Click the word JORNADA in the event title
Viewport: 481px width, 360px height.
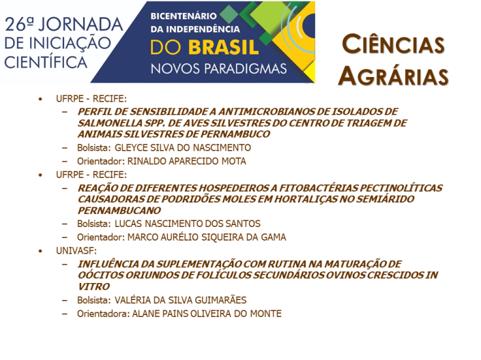coord(81,25)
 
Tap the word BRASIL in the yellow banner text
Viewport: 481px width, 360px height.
coord(223,48)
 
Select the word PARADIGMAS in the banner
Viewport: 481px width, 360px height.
coord(246,69)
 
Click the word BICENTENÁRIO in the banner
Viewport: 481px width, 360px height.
coord(184,16)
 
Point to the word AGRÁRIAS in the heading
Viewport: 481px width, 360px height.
coord(393,76)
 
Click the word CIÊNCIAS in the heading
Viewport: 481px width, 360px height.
coord(393,44)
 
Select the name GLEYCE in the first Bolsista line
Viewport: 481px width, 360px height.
coord(131,147)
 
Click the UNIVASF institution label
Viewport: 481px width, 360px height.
coord(76,250)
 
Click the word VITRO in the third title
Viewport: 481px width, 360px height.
coord(93,286)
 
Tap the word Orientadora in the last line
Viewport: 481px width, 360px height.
coord(104,314)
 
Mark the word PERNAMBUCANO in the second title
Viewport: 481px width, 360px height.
coord(119,211)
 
